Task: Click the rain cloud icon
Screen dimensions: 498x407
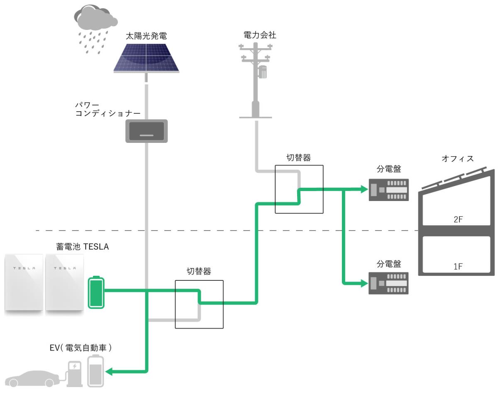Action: (x=95, y=29)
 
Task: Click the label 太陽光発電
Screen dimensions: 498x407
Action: (x=146, y=36)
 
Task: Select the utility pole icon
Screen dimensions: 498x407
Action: (x=256, y=80)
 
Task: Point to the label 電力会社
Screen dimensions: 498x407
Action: (x=260, y=35)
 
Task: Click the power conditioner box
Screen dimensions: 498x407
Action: (x=146, y=131)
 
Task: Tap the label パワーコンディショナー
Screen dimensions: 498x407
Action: (x=107, y=109)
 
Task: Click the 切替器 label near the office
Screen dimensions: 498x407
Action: (x=298, y=157)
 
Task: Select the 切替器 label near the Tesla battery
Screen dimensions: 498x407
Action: (x=199, y=271)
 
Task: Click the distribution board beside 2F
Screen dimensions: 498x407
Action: (x=388, y=189)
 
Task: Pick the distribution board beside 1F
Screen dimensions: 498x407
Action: (x=388, y=283)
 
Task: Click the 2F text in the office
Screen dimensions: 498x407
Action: (x=458, y=219)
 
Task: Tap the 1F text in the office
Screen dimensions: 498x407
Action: (x=458, y=266)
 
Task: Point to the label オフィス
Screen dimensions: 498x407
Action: (x=458, y=158)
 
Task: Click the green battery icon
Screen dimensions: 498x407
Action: (x=96, y=292)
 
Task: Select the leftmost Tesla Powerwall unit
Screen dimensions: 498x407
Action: (x=24, y=283)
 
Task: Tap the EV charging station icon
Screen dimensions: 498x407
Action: (x=74, y=374)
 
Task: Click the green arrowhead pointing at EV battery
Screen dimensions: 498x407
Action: (x=109, y=372)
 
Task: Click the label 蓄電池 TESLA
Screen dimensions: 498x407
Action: (x=83, y=247)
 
